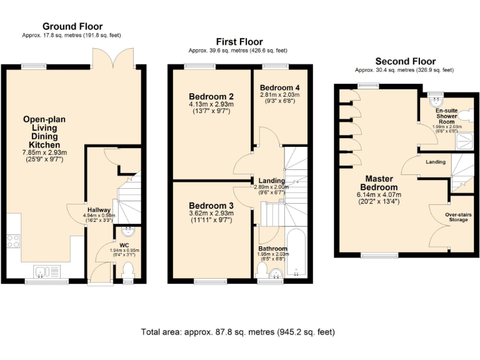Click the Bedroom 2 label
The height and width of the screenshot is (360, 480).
(211, 96)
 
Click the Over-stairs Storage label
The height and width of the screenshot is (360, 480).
(458, 217)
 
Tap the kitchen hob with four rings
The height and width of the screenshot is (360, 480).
(13, 241)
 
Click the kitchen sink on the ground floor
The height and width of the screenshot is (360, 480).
(42, 271)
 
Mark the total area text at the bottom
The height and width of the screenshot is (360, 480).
(239, 331)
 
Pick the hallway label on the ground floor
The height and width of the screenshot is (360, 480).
(99, 210)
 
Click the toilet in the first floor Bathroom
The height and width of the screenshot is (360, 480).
(262, 271)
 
